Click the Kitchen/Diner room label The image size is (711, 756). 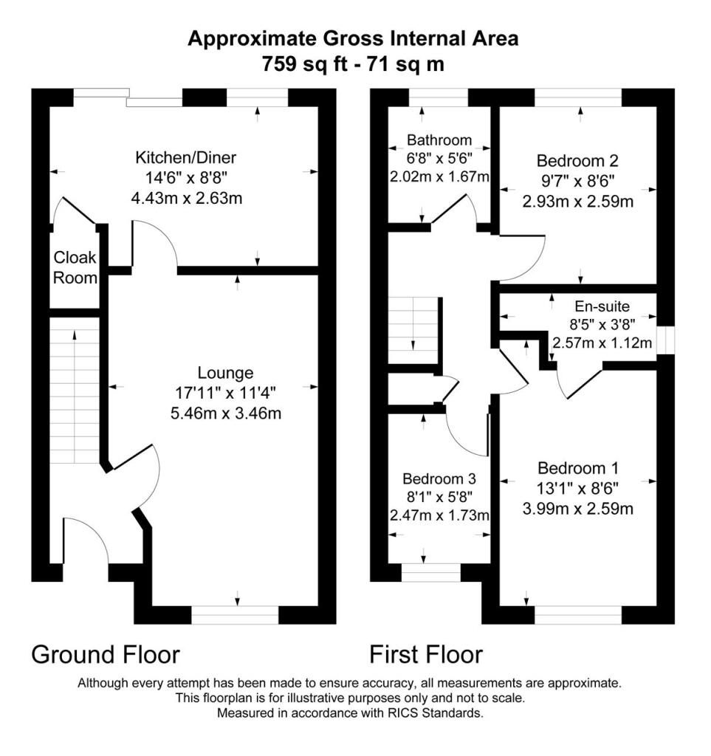[x=185, y=157]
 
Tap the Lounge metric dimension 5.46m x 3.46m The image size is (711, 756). [x=225, y=413]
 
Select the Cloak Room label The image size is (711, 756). [x=75, y=268]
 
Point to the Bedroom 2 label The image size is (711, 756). [x=577, y=160]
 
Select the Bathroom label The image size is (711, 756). [x=439, y=140]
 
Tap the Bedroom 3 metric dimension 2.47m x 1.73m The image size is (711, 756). [x=440, y=515]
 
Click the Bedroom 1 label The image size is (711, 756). [x=577, y=468]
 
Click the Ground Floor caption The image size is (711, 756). [x=106, y=654]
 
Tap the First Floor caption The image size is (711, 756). [x=426, y=654]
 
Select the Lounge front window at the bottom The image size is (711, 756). [x=234, y=615]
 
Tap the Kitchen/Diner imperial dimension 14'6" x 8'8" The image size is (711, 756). [x=185, y=177]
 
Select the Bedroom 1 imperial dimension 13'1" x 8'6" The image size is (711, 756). [x=577, y=488]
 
